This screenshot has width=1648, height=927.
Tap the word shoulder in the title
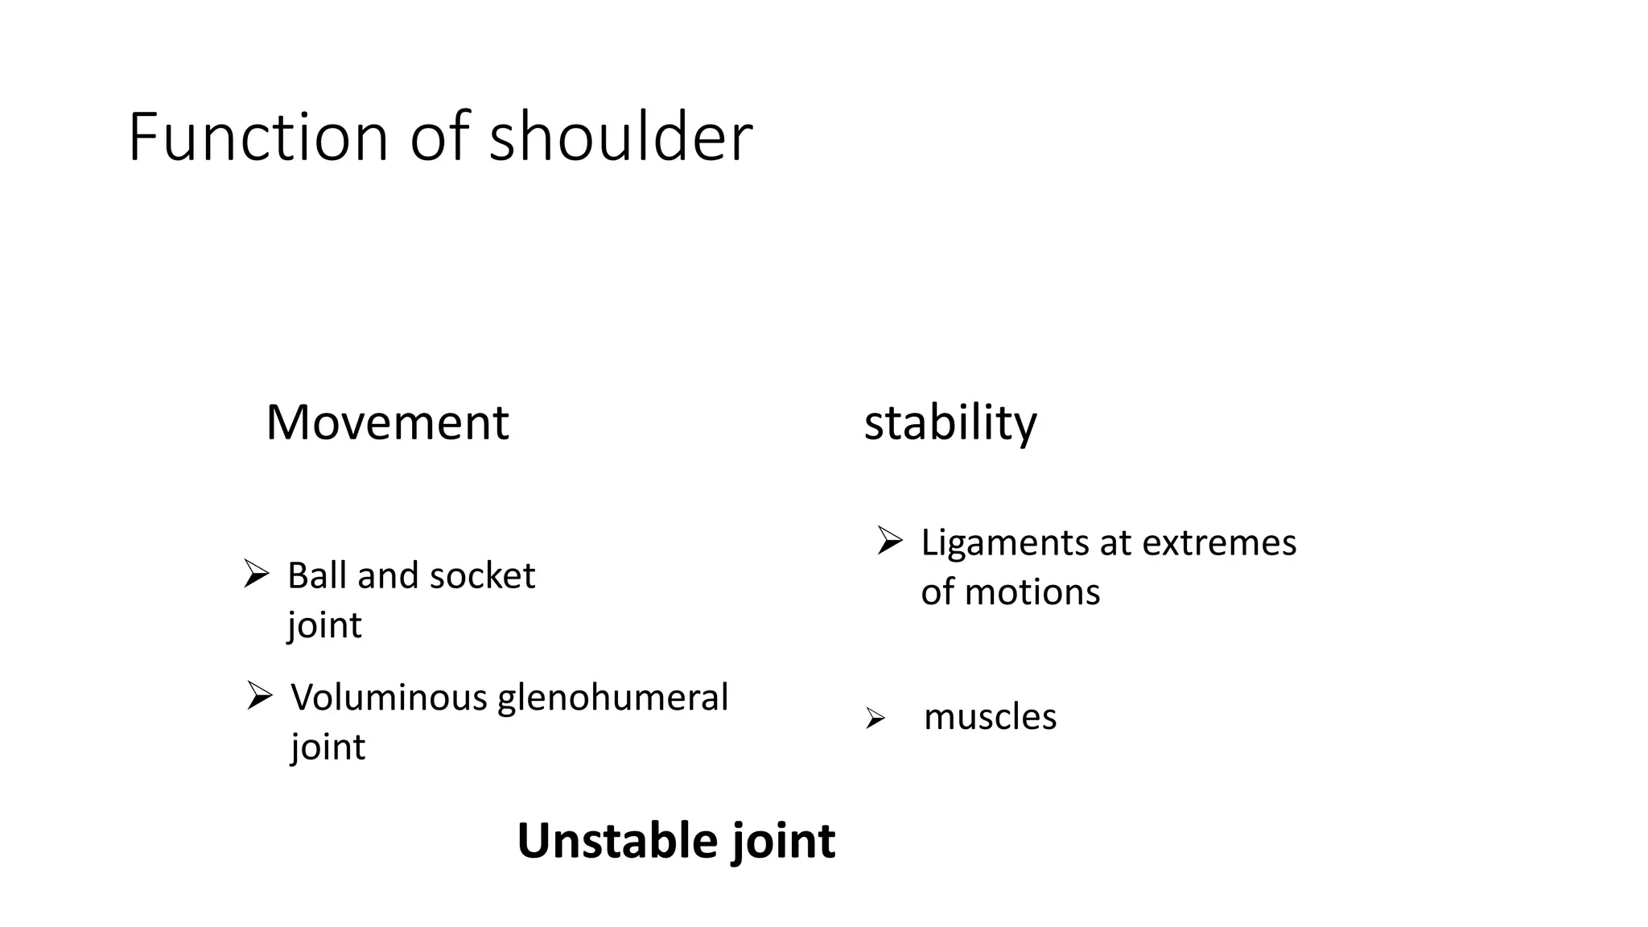(620, 138)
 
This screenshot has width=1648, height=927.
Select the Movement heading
(387, 422)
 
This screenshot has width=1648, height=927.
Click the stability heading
(950, 422)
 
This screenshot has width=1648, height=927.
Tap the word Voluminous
(389, 698)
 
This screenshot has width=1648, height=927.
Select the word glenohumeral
(612, 698)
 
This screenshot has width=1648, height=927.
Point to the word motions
(1032, 593)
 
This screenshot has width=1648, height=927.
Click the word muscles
(990, 717)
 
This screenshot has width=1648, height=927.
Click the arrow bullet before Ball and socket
(256, 575)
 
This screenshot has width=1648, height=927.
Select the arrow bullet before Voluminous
(259, 695)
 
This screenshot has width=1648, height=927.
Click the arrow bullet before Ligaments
(890, 541)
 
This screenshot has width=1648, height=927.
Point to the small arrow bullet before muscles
(875, 718)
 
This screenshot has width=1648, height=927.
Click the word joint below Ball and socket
(324, 626)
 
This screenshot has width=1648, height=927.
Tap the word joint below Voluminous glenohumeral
(328, 748)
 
